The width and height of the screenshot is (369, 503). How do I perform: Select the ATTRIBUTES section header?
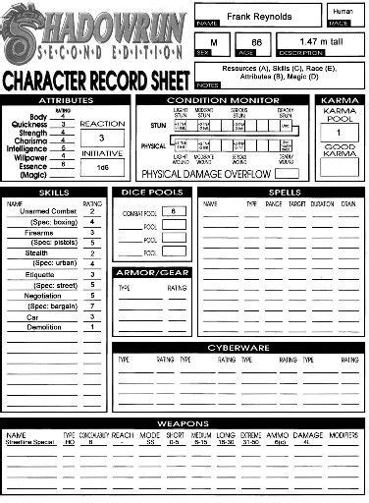pyautogui.click(x=66, y=100)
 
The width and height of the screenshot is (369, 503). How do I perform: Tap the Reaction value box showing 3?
pyautogui.click(x=101, y=139)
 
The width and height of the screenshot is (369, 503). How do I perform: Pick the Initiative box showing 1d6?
pyautogui.click(x=101, y=168)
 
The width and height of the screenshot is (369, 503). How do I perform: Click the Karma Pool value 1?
pyautogui.click(x=339, y=133)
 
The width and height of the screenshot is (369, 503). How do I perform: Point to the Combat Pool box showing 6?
pyautogui.click(x=173, y=211)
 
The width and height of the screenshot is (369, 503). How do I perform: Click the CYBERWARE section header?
pyautogui.click(x=237, y=348)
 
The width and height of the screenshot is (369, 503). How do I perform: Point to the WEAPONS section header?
pyautogui.click(x=184, y=422)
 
